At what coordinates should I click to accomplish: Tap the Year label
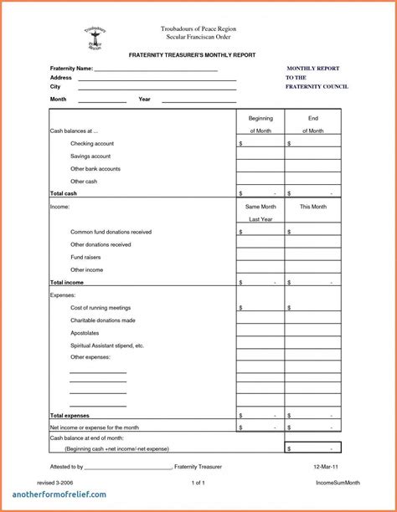pyautogui.click(x=144, y=100)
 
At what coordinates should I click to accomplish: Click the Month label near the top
pyautogui.click(x=58, y=100)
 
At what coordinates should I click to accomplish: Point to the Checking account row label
pyautogui.click(x=92, y=144)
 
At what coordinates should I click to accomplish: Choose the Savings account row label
pyautogui.click(x=90, y=156)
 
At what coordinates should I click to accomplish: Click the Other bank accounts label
pyautogui.click(x=95, y=169)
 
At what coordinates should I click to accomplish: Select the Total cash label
pyautogui.click(x=64, y=193)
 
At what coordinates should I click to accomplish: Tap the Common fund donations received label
pyautogui.click(x=111, y=232)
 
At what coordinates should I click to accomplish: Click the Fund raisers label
pyautogui.click(x=86, y=258)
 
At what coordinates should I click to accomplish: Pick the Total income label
pyautogui.click(x=67, y=283)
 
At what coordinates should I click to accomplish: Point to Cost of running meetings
pyautogui.click(x=101, y=308)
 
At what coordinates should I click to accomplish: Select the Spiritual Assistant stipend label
pyautogui.click(x=107, y=346)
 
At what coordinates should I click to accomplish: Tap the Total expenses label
pyautogui.click(x=70, y=416)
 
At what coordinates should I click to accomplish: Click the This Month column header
pyautogui.click(x=312, y=207)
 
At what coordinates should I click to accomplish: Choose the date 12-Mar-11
pyautogui.click(x=327, y=466)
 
